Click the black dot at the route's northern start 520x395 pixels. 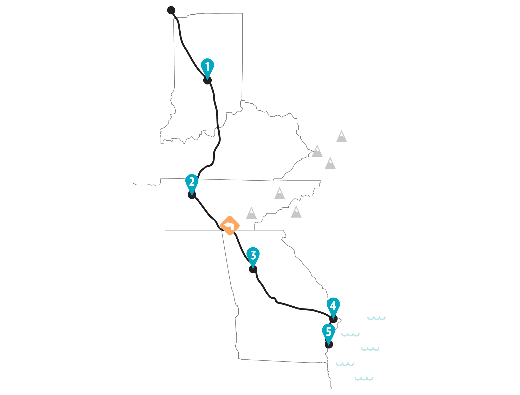(x=171, y=10)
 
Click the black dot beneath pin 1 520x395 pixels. (x=207, y=80)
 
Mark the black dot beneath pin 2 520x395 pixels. (x=192, y=195)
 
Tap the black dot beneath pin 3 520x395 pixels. (x=253, y=269)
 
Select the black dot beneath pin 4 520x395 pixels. (x=333, y=319)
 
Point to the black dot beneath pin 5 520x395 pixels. (x=329, y=344)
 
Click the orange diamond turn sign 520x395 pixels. (x=230, y=226)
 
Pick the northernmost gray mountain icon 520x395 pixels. (x=342, y=137)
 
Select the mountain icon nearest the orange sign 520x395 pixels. (x=251, y=213)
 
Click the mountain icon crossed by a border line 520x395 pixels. (x=317, y=151)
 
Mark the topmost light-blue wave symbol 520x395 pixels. (x=376, y=318)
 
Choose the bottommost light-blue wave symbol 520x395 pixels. (x=364, y=379)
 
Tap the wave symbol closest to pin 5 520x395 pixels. (x=350, y=335)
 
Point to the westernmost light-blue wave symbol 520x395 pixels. (x=345, y=364)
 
